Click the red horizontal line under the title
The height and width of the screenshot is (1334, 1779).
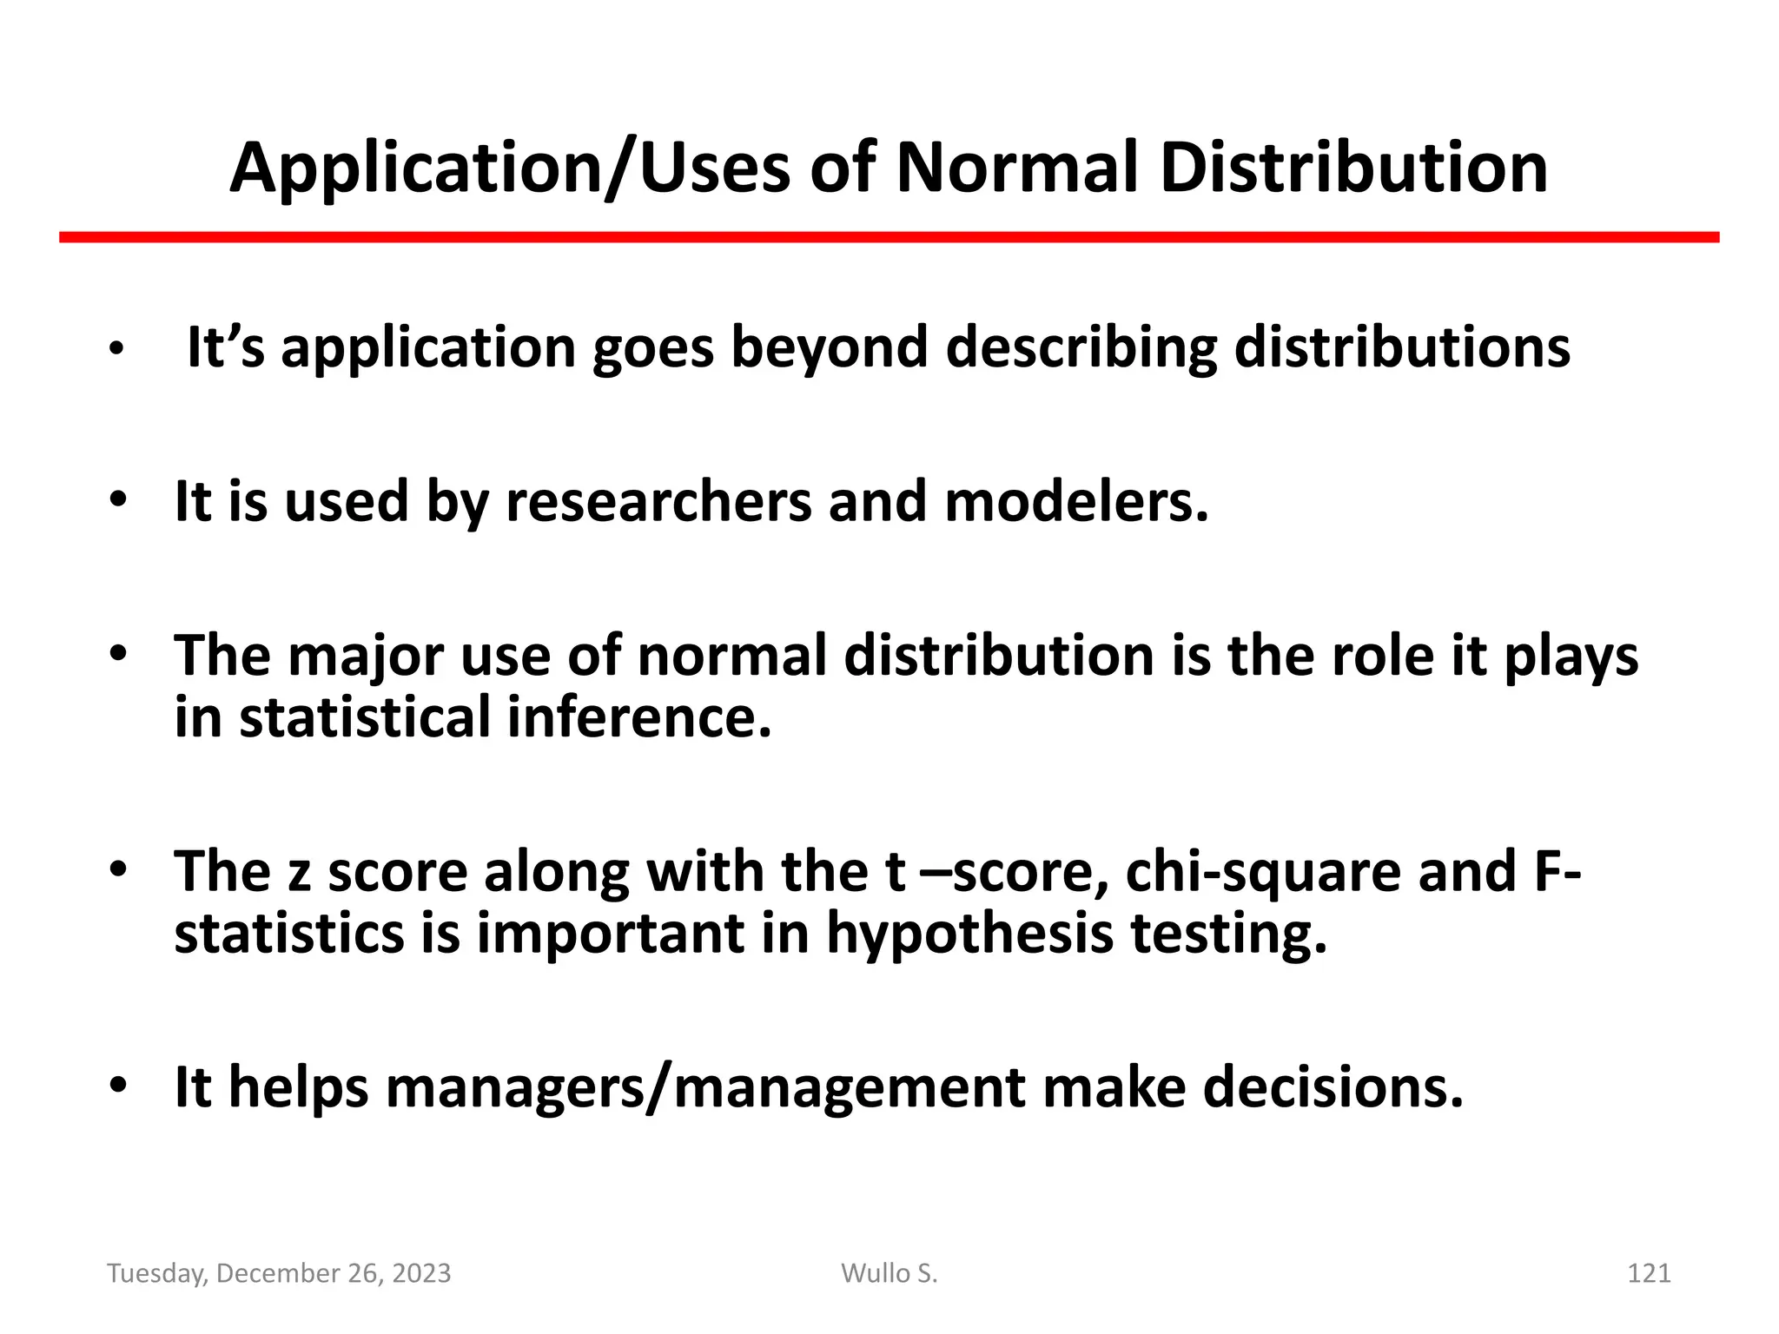pyautogui.click(x=889, y=237)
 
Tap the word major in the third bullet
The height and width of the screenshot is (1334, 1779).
pyautogui.click(x=366, y=657)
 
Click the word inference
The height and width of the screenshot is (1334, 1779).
pyautogui.click(x=639, y=719)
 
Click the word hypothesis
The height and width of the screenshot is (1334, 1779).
pyautogui.click(x=969, y=935)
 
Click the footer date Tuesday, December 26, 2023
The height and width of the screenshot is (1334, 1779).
pyautogui.click(x=279, y=1273)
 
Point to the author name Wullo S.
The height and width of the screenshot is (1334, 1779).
pyautogui.click(x=889, y=1273)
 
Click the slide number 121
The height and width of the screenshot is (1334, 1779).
pyautogui.click(x=1648, y=1273)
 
